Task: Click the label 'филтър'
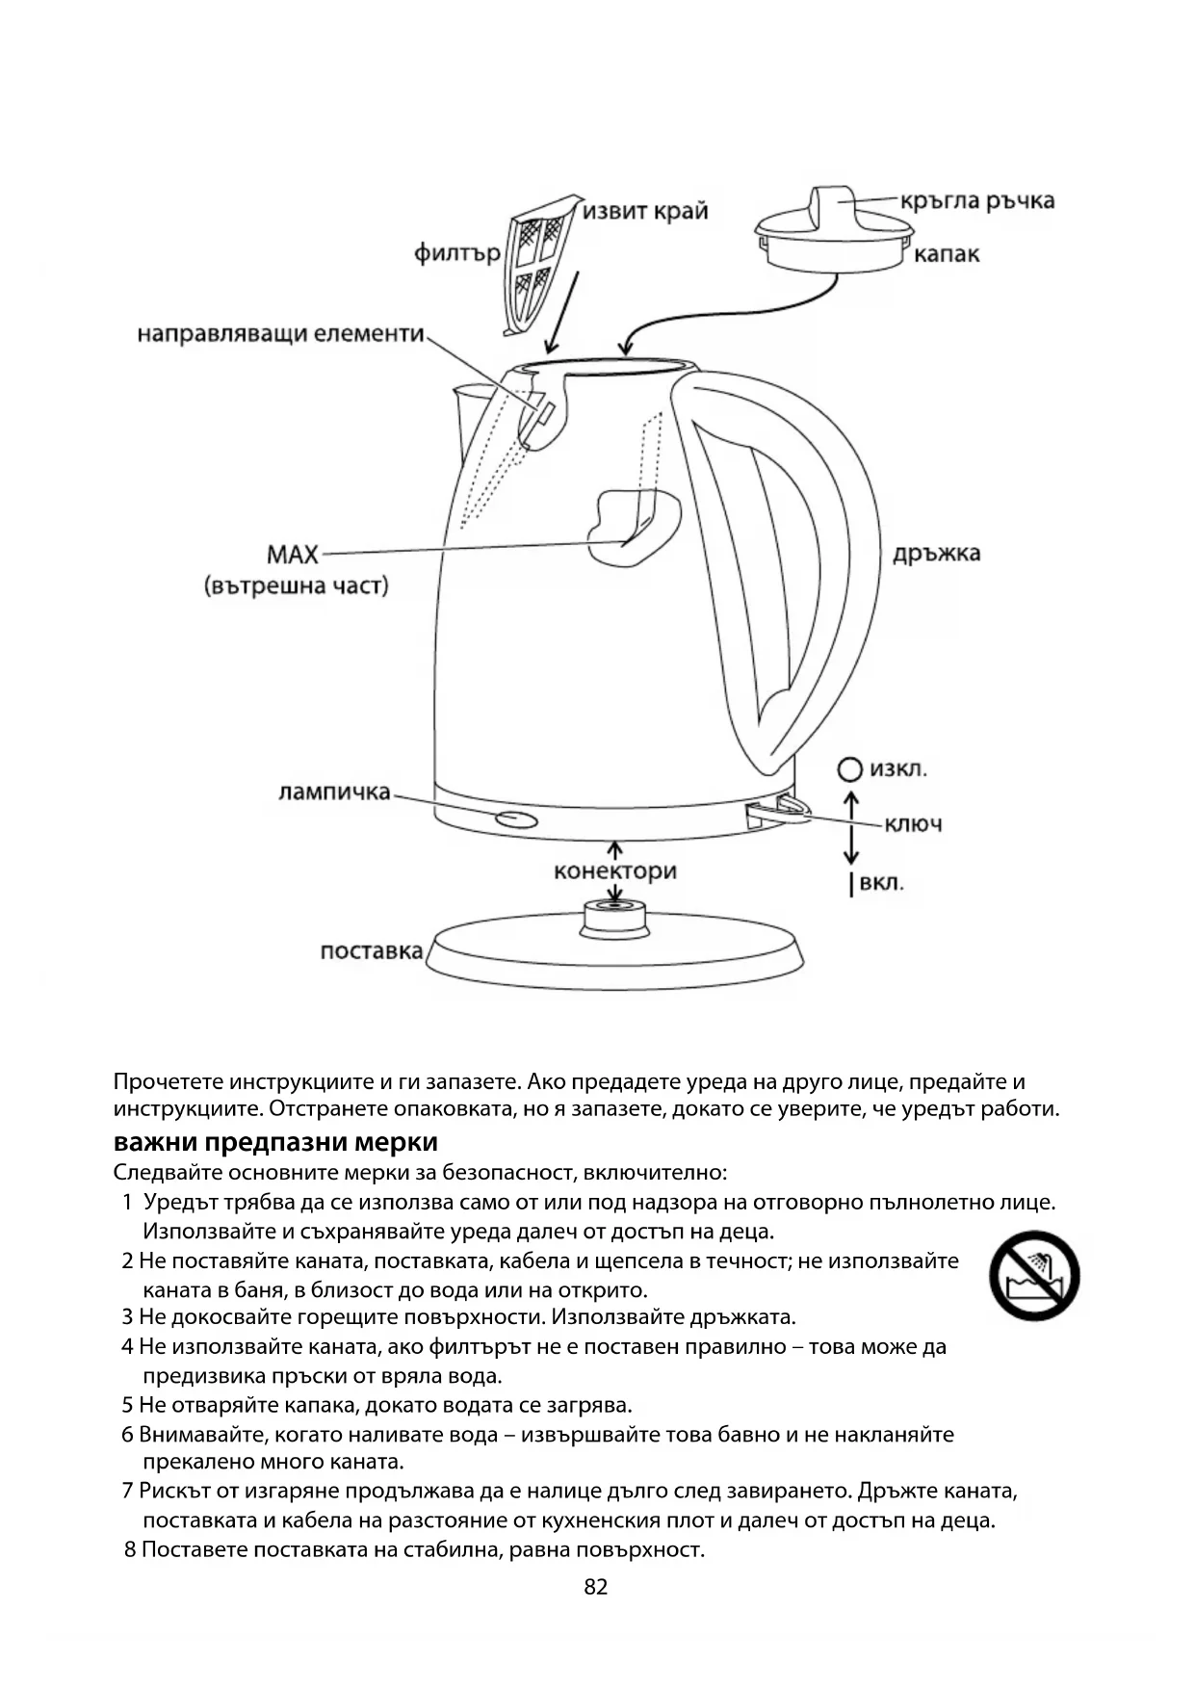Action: pos(456,253)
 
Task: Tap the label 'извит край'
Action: pos(644,211)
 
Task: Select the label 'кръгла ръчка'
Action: pos(977,201)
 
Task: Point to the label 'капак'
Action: pos(946,254)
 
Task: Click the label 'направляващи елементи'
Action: pos(280,334)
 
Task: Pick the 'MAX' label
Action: pos(293,556)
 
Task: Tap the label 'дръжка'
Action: pos(936,554)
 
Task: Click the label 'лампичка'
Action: pos(334,793)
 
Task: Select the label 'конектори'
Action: pos(614,871)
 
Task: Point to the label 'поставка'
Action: pos(371,951)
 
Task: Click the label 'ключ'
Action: pos(913,824)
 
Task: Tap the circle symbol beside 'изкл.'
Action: pos(849,769)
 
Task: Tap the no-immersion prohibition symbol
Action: pos(1034,1276)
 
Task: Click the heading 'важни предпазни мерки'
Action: pos(275,1142)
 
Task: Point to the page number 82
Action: pos(596,1587)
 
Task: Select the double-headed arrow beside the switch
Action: pos(850,827)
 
